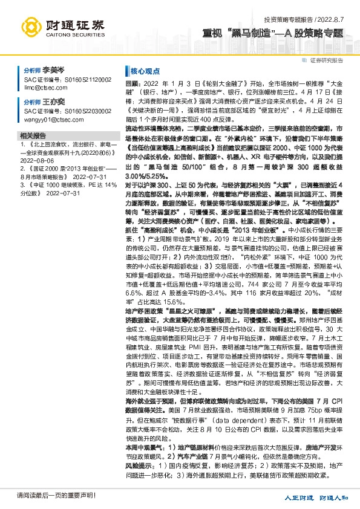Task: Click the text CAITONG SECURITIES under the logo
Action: pos(74,35)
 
